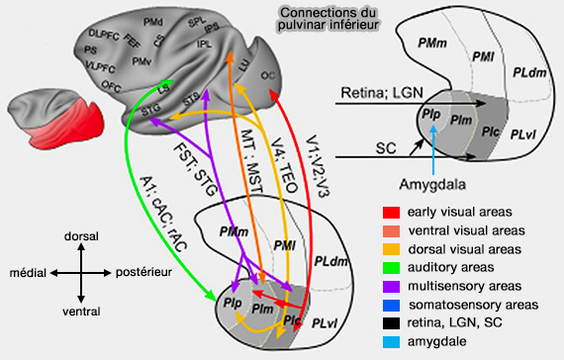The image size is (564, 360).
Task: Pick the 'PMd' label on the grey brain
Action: [x=153, y=20]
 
